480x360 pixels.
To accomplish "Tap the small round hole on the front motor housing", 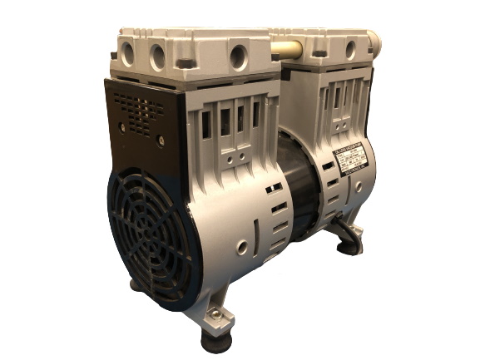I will point(241,247).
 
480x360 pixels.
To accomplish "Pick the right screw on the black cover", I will point(161,141).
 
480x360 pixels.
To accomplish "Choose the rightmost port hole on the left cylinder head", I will point(240,57).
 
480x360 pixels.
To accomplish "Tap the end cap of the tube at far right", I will point(374,40).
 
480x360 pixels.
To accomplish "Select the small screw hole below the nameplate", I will point(359,186).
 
